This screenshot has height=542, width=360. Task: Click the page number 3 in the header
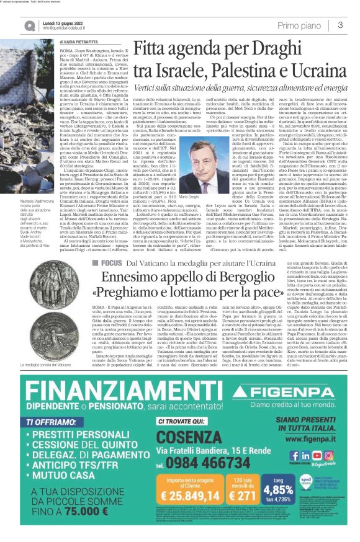coord(340,25)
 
